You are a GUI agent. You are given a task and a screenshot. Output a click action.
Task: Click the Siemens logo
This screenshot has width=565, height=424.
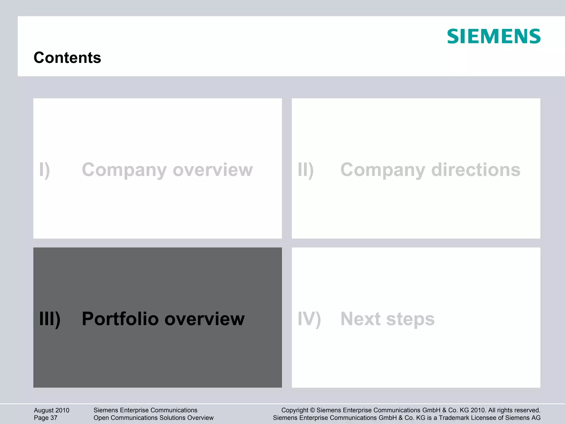point(494,36)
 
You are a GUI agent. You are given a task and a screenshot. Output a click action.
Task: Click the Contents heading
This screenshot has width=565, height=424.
point(67,58)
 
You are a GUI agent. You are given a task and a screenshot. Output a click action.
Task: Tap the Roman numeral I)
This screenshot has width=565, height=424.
point(44,170)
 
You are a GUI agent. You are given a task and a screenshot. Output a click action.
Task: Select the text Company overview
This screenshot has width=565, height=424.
point(167,170)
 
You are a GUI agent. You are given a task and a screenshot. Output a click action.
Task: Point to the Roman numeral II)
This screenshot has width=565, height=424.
point(306,170)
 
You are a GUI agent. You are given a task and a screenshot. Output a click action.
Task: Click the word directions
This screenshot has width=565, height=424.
point(476,170)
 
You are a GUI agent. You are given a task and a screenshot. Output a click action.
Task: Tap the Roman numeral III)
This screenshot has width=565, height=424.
point(50,319)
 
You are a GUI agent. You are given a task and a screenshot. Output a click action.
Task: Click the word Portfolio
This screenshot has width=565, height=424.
point(120,319)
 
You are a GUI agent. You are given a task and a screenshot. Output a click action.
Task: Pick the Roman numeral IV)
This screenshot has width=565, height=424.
point(309,319)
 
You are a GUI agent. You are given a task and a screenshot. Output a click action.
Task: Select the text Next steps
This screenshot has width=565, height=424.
point(387,319)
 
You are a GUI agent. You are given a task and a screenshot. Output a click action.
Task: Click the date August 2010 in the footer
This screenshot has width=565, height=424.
point(52,410)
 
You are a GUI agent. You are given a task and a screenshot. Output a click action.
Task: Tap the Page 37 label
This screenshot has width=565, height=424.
point(46,418)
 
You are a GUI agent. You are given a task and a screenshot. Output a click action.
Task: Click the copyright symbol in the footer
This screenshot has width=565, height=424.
point(312,410)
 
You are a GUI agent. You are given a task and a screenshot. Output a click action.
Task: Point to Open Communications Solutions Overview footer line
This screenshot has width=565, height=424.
point(153,418)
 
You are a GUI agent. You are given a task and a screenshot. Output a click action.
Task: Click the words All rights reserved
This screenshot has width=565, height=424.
point(514,410)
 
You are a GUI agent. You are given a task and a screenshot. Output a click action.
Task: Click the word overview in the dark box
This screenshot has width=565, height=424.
point(204,319)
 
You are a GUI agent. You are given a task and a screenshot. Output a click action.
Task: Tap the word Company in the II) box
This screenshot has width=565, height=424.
point(383,170)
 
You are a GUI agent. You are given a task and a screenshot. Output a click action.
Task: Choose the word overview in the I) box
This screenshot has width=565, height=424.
point(213,170)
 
